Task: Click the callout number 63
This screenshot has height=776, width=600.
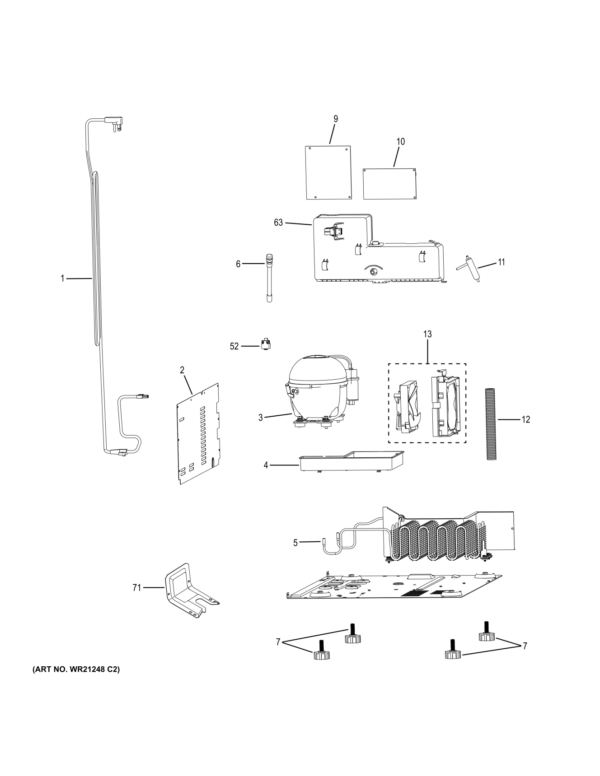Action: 278,223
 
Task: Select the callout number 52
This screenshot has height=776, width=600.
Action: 234,347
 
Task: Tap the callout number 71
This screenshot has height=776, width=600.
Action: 136,587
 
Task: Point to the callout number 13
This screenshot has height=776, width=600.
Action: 427,334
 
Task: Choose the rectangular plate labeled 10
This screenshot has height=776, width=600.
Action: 389,184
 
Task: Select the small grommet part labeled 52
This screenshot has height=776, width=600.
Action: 266,344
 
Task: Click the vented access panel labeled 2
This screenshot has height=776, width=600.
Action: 198,433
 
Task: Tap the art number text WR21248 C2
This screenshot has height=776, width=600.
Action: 76,670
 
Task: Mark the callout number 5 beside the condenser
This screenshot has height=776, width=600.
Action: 295,543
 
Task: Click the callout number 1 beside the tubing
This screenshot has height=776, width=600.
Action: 63,279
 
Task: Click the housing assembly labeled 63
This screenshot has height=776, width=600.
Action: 375,253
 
